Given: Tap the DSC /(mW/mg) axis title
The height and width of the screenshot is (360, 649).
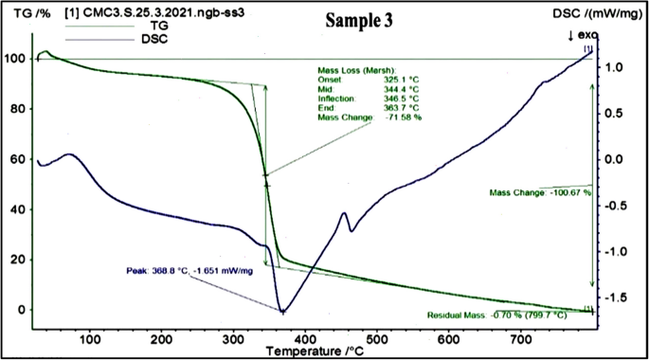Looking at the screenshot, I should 597,14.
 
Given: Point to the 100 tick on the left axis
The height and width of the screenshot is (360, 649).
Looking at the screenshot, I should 16,59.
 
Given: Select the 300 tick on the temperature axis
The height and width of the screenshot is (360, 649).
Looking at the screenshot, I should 306,333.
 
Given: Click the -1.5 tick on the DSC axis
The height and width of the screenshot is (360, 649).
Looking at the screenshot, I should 619,297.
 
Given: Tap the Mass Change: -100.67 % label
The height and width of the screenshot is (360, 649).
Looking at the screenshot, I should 540,192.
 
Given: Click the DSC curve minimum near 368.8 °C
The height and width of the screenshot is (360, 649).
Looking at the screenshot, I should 281,311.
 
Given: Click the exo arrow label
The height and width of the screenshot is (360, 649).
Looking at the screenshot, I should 578,34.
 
